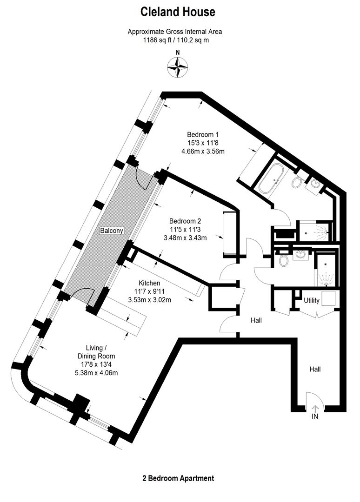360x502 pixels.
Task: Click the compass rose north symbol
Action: tap(178, 66)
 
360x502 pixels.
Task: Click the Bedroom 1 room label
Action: tap(203, 134)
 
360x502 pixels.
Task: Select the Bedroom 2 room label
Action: tap(185, 221)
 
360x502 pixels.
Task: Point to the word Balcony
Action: tap(112, 231)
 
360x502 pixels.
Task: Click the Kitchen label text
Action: tap(149, 283)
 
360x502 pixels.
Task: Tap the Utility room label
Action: tap(312, 300)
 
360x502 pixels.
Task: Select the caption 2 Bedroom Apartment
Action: tap(178, 478)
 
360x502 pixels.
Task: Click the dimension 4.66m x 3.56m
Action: tap(203, 151)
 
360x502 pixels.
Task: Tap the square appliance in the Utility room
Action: tap(329, 298)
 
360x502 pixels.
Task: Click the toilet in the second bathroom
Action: tap(283, 260)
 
